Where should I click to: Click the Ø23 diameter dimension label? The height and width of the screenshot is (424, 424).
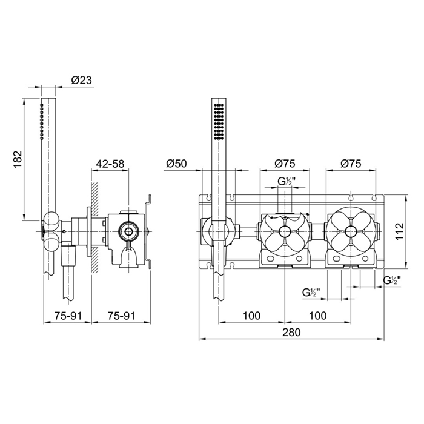pyautogui.click(x=81, y=79)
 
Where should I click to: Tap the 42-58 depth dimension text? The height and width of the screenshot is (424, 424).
pyautogui.click(x=110, y=163)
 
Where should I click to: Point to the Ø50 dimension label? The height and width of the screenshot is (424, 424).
pyautogui.click(x=175, y=163)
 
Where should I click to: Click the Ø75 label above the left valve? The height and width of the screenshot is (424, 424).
pyautogui.click(x=284, y=163)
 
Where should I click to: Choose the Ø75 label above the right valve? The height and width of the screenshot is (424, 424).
pyautogui.click(x=351, y=163)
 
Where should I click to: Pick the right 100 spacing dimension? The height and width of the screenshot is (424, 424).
pyautogui.click(x=317, y=316)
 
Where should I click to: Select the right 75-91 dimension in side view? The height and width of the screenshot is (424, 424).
pyautogui.click(x=110, y=316)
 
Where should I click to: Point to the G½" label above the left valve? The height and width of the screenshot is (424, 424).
pyautogui.click(x=285, y=181)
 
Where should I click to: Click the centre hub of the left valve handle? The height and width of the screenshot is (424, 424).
pyautogui.click(x=283, y=230)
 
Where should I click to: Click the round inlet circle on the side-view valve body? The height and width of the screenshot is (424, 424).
pyautogui.click(x=128, y=231)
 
